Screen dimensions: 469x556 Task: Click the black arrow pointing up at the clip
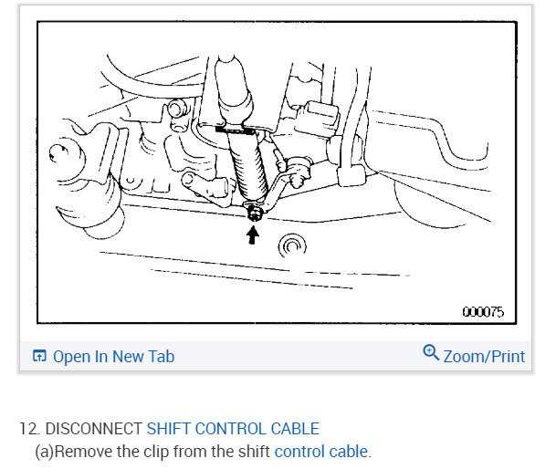pos(253,234)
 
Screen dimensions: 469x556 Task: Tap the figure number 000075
pos(482,312)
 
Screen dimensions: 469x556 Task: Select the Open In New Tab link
pos(113,357)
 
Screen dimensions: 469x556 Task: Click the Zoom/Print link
pos(484,357)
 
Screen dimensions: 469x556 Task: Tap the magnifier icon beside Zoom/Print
pos(431,353)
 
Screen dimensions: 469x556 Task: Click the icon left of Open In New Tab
pos(39,357)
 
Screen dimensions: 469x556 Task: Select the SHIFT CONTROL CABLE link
pos(233,428)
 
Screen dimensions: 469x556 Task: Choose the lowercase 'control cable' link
pos(321,451)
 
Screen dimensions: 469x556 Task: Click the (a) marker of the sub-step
pos(44,451)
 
